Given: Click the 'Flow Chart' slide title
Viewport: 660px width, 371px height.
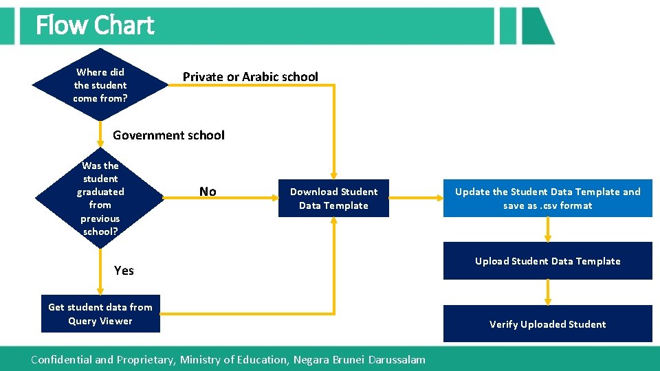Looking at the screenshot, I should [95, 25].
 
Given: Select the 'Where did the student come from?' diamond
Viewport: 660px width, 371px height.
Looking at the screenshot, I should [100, 85].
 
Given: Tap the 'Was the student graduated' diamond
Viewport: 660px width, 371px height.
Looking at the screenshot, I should [100, 198].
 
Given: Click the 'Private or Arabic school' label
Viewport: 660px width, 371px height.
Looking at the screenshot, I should [250, 77].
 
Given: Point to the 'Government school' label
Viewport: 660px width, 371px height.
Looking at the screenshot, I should [168, 135].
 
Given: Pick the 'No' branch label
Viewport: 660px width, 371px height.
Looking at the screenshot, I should [208, 192].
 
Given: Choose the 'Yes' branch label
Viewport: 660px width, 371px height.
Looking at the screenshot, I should [124, 271].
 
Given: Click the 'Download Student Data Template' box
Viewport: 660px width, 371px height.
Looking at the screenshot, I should [333, 199].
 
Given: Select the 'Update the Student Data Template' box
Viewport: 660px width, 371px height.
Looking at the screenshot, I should [547, 199].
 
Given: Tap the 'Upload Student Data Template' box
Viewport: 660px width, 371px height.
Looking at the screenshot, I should [547, 261].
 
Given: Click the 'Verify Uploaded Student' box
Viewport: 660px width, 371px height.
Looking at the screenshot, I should [547, 324].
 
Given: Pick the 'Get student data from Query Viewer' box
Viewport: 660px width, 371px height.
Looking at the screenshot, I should [100, 314].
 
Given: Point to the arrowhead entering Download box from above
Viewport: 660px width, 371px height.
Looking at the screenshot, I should [334, 175].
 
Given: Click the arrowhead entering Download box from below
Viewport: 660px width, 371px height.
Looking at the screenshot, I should [334, 222].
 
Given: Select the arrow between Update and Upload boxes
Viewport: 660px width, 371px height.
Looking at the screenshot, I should [548, 230].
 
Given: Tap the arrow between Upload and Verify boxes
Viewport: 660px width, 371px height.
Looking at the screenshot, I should [548, 293].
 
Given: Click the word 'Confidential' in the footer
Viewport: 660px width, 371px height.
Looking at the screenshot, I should [61, 359].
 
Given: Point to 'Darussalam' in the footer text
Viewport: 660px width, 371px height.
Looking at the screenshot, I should [397, 359].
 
